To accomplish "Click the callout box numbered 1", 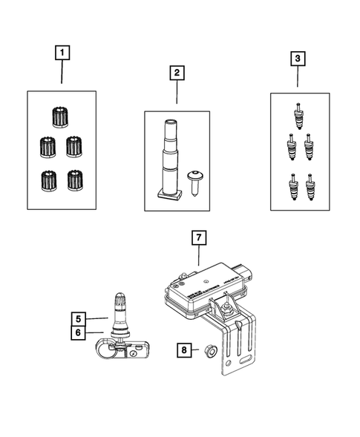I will pyautogui.click(x=62, y=53).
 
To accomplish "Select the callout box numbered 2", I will pyautogui.click(x=177, y=73).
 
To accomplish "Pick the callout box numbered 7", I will pyautogui.click(x=198, y=238).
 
